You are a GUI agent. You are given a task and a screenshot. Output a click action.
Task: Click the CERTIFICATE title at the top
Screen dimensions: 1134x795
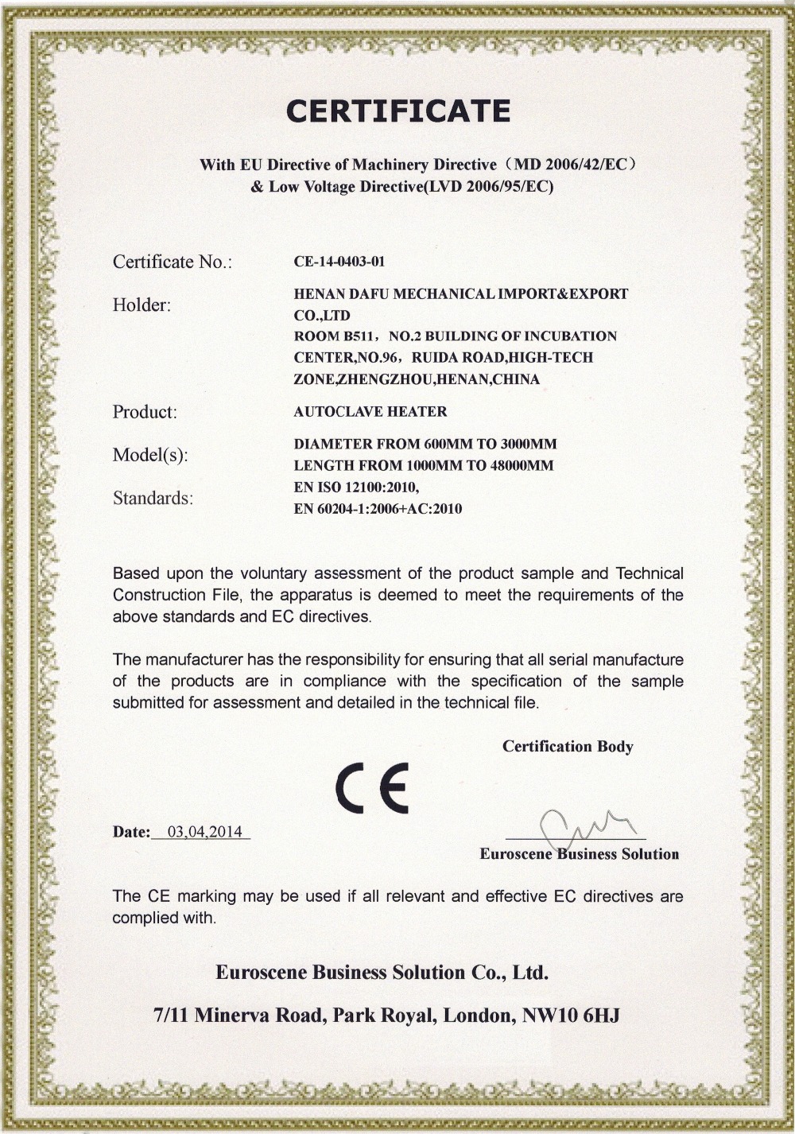pyautogui.click(x=397, y=111)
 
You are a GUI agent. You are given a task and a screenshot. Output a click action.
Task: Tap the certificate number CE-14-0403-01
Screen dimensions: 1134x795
pyautogui.click(x=339, y=262)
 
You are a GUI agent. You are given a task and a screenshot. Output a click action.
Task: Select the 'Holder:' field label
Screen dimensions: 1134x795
pyautogui.click(x=142, y=305)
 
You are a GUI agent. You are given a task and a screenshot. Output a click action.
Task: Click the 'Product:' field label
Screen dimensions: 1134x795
pyautogui.click(x=145, y=412)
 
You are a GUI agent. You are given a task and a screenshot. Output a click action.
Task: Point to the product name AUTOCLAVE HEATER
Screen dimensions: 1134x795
pyautogui.click(x=370, y=412)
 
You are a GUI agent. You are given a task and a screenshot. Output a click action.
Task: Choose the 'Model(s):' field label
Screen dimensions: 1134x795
pyautogui.click(x=150, y=455)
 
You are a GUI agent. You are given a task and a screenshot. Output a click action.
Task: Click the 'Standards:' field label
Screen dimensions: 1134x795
pyautogui.click(x=153, y=499)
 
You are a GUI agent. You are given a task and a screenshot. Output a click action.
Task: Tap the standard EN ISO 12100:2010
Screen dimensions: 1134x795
pyautogui.click(x=355, y=487)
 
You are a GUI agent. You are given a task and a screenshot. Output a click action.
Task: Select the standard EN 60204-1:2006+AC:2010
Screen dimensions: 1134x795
pyautogui.click(x=378, y=509)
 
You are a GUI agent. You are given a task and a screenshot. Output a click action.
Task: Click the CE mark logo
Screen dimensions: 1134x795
pyautogui.click(x=372, y=788)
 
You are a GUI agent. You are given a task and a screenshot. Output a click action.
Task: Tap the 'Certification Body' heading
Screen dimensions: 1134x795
pyautogui.click(x=568, y=747)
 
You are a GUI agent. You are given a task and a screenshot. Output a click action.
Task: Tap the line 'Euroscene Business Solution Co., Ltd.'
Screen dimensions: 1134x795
pyautogui.click(x=382, y=973)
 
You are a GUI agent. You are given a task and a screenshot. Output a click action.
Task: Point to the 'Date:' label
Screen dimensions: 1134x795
pyautogui.click(x=131, y=833)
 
